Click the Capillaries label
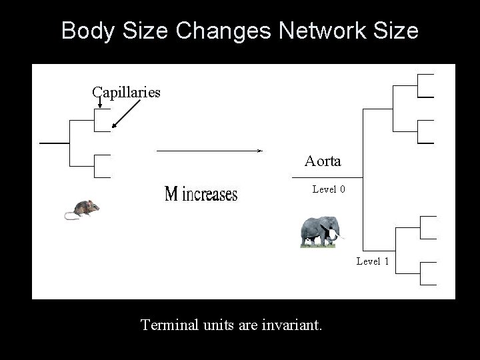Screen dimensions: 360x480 126,92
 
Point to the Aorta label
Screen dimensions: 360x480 323,161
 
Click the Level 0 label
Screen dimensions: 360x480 329,189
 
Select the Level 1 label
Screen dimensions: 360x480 372,261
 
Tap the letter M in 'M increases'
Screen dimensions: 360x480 171,194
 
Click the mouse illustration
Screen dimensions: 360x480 83,209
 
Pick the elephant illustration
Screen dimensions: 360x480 321,231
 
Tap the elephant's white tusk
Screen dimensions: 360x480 339,234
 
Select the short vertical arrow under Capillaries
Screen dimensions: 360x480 99,102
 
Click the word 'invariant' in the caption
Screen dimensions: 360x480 293,325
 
